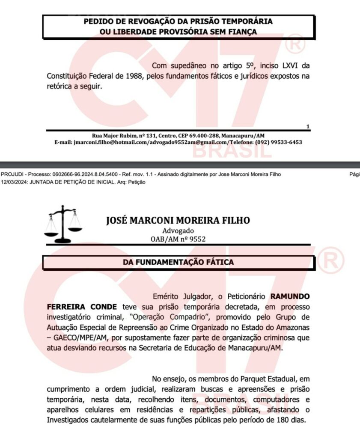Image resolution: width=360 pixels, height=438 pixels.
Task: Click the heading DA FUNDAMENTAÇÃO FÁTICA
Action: tap(179, 262)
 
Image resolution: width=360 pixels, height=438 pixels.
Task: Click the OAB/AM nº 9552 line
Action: tap(178, 239)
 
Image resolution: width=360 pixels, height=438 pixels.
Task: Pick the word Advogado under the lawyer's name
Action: tap(178, 231)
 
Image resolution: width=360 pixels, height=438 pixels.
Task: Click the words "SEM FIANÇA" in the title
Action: tap(233, 31)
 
